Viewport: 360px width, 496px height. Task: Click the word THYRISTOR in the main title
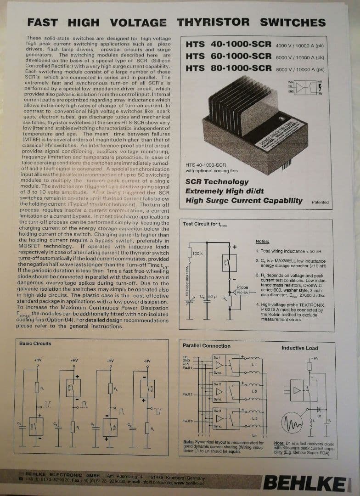(x=213, y=22)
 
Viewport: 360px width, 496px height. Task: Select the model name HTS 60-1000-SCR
(x=228, y=56)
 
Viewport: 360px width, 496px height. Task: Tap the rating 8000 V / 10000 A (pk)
(x=300, y=70)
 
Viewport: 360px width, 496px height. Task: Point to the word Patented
(x=320, y=202)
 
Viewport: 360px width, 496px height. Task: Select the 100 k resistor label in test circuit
(x=197, y=254)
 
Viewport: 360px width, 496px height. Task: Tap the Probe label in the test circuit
(x=242, y=287)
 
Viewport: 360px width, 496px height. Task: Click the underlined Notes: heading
(x=262, y=242)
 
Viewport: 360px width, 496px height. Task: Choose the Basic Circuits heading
(x=35, y=344)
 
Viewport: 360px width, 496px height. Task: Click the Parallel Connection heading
(x=206, y=346)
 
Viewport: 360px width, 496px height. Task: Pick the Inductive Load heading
(x=299, y=348)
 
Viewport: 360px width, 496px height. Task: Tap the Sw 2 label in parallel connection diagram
(x=217, y=383)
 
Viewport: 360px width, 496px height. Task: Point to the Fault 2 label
(x=187, y=395)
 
